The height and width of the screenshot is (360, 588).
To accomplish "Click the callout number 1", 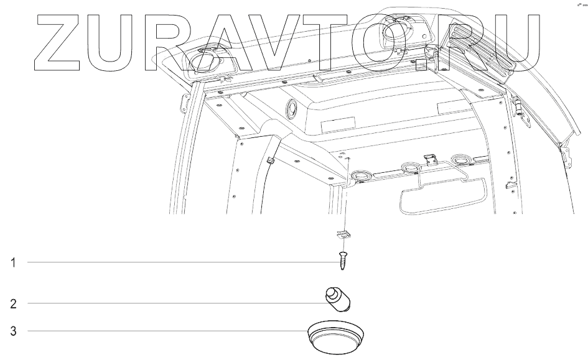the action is pos(12,262).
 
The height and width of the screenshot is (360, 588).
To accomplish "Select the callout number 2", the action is pos(12,304).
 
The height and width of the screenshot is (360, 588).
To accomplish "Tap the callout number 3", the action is pos(12,330).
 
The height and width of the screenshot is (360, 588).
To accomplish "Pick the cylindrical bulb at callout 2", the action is pos(338,298).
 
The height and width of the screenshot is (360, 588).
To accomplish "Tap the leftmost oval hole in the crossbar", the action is pos(361,175).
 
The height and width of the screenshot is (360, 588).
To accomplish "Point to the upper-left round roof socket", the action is pos(202,62).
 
